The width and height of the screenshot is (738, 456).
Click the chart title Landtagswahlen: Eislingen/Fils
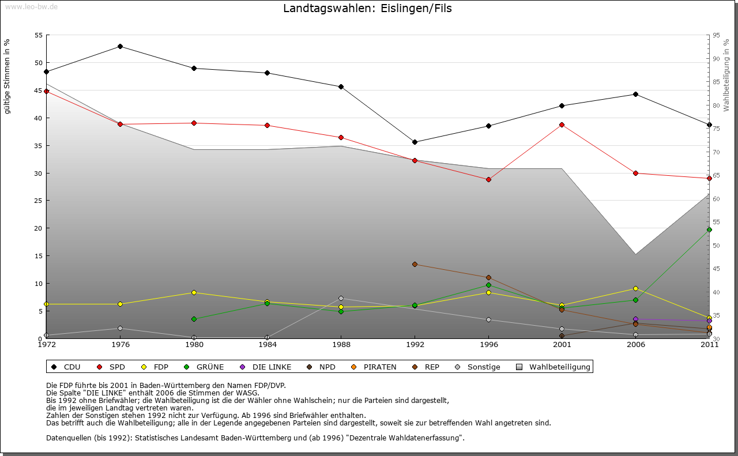(x=367, y=9)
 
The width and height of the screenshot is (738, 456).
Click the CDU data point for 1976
(x=120, y=46)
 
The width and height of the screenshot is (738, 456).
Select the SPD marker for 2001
(x=562, y=125)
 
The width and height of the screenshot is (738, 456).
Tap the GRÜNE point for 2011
(x=709, y=229)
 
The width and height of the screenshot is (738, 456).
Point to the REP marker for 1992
(x=415, y=264)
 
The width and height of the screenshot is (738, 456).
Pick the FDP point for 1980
(x=194, y=292)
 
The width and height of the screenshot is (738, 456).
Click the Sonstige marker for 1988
(x=341, y=298)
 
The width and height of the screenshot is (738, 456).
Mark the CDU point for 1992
(x=415, y=142)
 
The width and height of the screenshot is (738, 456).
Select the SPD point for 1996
(x=488, y=179)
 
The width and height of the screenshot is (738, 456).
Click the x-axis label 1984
(x=268, y=345)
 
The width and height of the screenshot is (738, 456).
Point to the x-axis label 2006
(x=635, y=345)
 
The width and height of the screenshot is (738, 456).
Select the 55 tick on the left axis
(x=39, y=35)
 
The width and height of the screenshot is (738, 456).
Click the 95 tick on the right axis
(x=717, y=35)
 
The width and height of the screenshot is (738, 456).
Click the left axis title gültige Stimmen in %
(x=7, y=77)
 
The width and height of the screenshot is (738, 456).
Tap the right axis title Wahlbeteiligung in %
(x=726, y=76)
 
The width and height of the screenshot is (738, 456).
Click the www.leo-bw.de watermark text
(x=31, y=6)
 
